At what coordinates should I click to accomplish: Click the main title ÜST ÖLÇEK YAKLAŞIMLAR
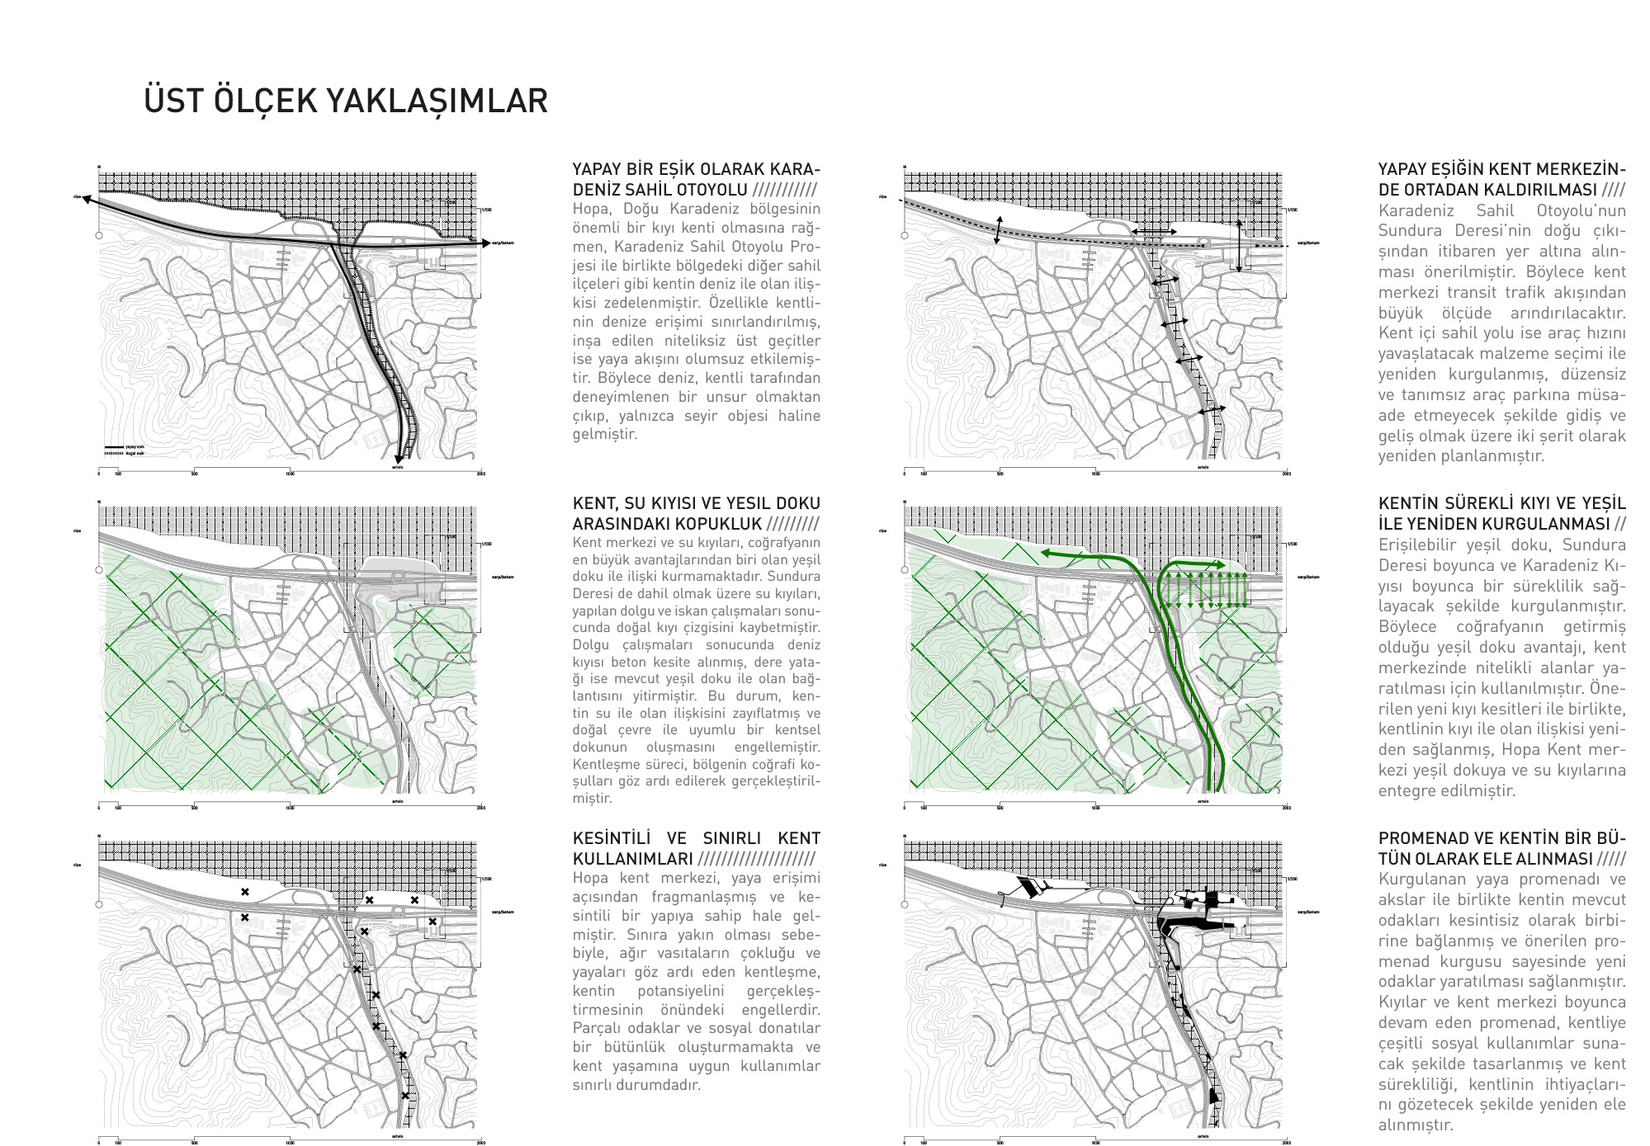coord(346,101)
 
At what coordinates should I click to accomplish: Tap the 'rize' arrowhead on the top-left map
coord(86,199)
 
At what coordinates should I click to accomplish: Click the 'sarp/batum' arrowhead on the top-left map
coord(484,243)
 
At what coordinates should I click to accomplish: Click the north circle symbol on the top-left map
coord(99,235)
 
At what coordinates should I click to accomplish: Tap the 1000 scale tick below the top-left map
coord(290,473)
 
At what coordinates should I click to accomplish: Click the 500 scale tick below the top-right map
coord(1000,473)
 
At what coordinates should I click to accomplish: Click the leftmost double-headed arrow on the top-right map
coord(998,229)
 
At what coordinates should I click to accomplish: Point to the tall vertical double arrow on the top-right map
coord(1239,246)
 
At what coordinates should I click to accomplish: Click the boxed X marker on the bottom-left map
coord(432,922)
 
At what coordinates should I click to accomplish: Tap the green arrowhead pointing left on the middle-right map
coord(1044,553)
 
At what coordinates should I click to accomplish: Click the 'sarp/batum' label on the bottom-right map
coord(1308,912)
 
